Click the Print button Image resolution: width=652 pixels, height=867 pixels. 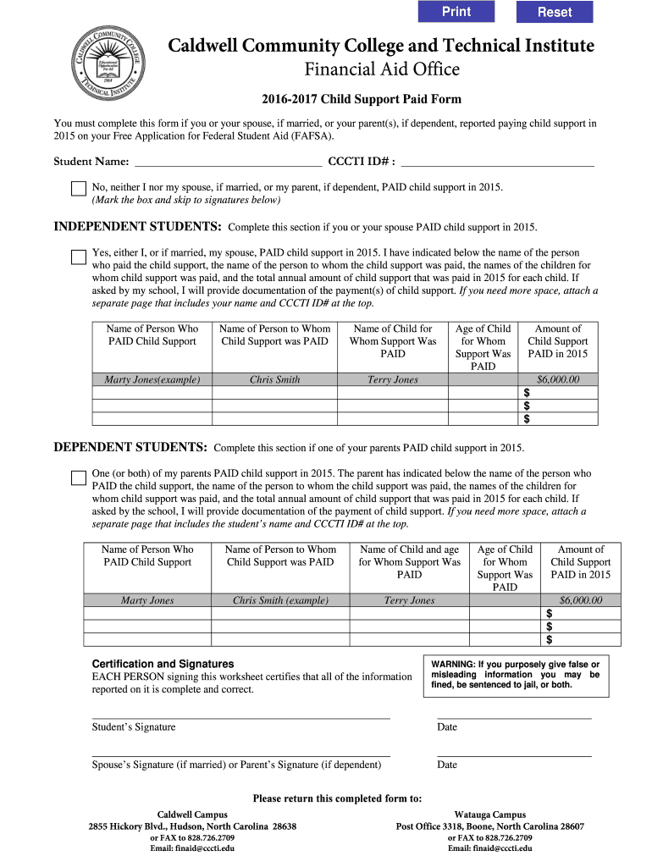click(456, 12)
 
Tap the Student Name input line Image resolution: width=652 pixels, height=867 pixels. click(228, 161)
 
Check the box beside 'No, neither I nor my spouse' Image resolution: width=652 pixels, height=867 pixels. click(79, 189)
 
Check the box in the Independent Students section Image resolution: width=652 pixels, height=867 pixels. click(79, 257)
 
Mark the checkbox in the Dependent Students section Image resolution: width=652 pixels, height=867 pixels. click(79, 478)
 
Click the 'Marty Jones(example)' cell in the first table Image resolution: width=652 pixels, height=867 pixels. click(152, 379)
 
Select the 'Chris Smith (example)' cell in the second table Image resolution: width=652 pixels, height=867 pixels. click(280, 600)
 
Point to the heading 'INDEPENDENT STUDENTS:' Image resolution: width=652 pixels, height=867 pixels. click(138, 227)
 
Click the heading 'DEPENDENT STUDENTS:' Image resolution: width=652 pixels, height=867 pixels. click(130, 447)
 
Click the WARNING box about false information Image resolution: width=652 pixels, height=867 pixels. click(514, 675)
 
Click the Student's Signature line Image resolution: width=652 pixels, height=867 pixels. click(240, 717)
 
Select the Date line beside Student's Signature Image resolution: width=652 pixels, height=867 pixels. click(514, 717)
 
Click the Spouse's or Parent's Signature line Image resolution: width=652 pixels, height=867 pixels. click(240, 754)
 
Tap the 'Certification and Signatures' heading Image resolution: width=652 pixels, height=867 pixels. click(163, 664)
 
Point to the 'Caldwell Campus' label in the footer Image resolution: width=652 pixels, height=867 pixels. click(192, 815)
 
